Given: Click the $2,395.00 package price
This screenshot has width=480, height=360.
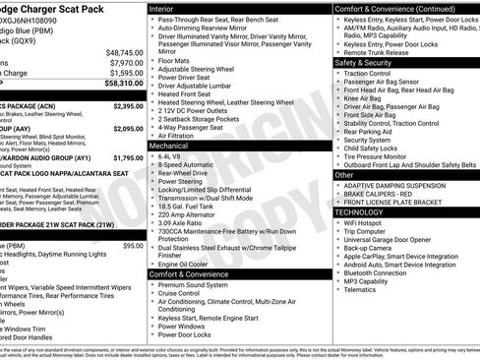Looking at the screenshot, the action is coord(128,105).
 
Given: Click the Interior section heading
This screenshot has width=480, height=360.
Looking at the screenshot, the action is coord(162,7).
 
